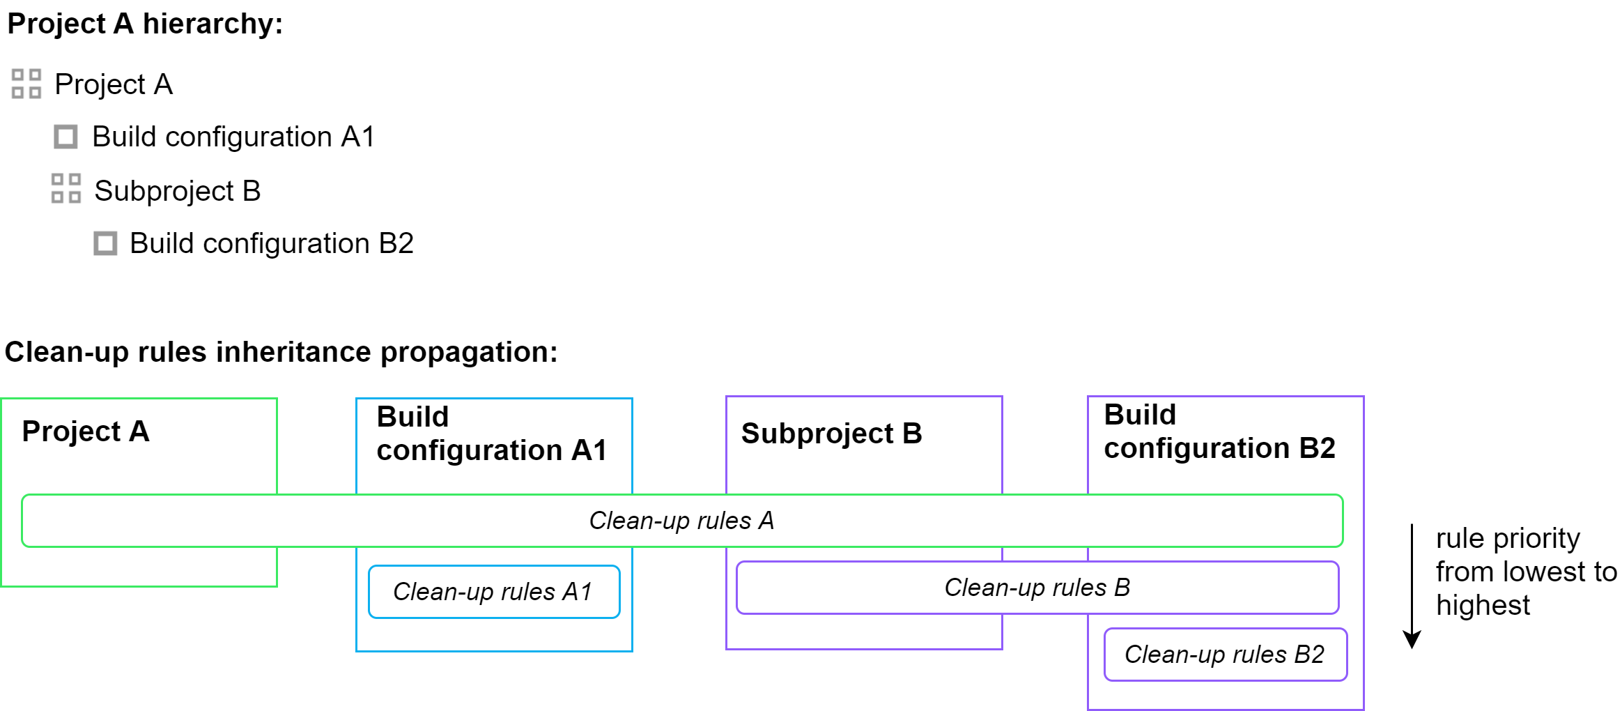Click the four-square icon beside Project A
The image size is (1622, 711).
(x=26, y=84)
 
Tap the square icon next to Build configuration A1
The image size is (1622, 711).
(x=65, y=137)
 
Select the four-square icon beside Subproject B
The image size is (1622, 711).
(x=66, y=189)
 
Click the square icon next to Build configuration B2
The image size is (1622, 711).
(x=105, y=243)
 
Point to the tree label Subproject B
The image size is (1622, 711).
(x=177, y=190)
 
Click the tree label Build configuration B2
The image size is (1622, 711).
(x=271, y=243)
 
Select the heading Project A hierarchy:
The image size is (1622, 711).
(x=145, y=24)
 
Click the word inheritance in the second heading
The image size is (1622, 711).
(x=293, y=352)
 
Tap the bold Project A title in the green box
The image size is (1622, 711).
(x=86, y=431)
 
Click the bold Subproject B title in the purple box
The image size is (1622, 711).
(x=831, y=434)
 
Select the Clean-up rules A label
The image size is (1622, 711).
(x=681, y=521)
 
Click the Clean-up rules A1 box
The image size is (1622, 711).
(x=493, y=592)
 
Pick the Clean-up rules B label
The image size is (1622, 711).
(x=1037, y=588)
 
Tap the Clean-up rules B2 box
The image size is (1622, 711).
(x=1224, y=655)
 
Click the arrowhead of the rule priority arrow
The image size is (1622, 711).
(x=1412, y=640)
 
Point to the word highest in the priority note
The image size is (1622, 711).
(x=1483, y=605)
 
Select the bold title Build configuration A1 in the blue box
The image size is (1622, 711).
(x=491, y=434)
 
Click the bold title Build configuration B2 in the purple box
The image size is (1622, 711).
(x=1219, y=431)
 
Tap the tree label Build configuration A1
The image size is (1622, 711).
(x=233, y=137)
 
